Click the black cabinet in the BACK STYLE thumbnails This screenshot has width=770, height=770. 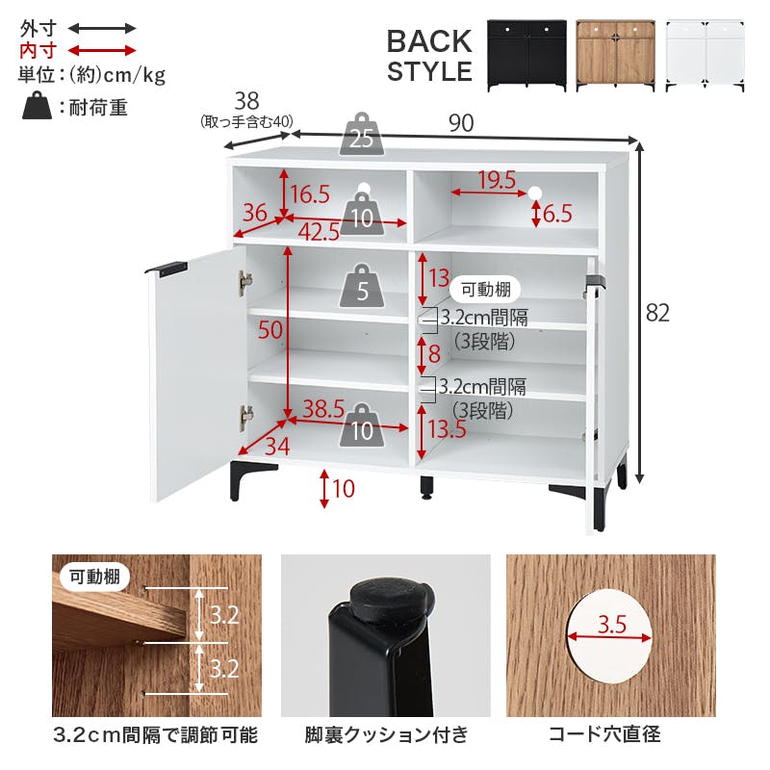click(526, 55)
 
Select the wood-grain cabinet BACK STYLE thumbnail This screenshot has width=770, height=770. click(615, 55)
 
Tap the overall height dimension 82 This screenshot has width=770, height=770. click(657, 313)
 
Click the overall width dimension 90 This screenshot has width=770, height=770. click(461, 123)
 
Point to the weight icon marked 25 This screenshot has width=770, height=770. click(362, 135)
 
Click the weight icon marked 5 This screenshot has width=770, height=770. click(362, 286)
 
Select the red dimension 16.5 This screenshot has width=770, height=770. click(310, 194)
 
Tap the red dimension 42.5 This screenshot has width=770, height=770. click(319, 232)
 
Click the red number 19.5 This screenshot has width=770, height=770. click(497, 180)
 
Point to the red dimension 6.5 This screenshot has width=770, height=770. click(557, 214)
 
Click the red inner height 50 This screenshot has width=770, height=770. click(270, 329)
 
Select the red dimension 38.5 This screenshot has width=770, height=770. click(323, 408)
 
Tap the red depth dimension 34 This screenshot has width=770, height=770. click(277, 447)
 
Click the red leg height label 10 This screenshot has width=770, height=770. click(344, 489)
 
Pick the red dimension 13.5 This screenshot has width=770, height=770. click(447, 428)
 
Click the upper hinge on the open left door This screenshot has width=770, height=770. click(245, 284)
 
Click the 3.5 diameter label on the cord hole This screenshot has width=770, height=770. click(612, 624)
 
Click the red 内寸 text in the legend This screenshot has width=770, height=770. click(38, 50)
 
